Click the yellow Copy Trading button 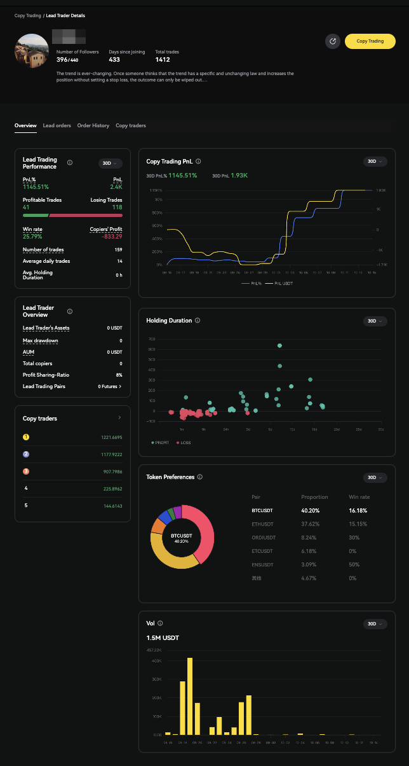point(370,41)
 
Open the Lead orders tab point(57,126)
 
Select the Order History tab point(93,126)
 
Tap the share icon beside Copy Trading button point(333,41)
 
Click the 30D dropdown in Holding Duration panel point(375,321)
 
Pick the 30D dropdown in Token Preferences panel point(375,478)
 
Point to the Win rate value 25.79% point(32,237)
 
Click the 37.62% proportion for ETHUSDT point(311,524)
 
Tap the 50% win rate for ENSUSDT point(353,565)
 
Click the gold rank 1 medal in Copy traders point(26,437)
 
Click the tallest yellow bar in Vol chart point(190,696)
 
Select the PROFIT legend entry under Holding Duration point(160,442)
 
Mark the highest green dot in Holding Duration point(279,345)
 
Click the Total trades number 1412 point(163,60)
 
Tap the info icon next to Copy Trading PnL point(199,162)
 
